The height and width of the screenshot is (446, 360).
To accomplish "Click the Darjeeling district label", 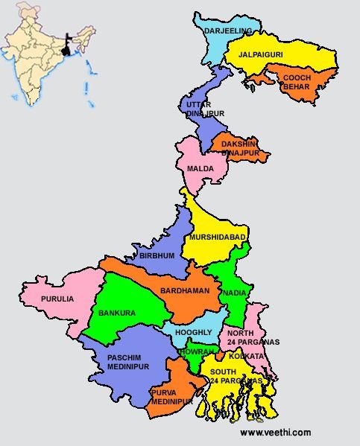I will click(228, 31).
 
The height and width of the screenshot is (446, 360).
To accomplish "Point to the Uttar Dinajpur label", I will click(204, 108).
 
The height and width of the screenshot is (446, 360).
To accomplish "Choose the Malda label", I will click(200, 168).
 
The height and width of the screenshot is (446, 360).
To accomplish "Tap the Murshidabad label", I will click(217, 237).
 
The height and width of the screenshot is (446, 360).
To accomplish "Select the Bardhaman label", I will click(185, 290).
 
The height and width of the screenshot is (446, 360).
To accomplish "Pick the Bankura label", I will click(117, 313).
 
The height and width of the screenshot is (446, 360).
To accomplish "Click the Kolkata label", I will click(246, 357).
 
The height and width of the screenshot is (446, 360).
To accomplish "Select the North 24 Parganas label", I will click(253, 337).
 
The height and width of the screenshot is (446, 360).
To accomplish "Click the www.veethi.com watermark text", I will click(275, 432).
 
